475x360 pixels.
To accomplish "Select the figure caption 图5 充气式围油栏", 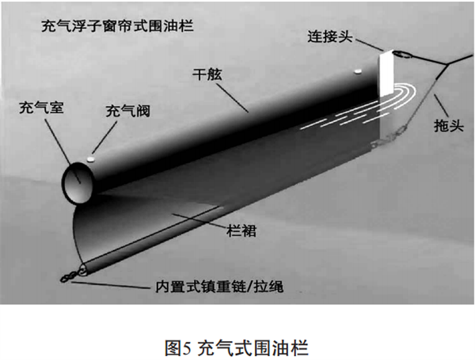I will (x=237, y=346).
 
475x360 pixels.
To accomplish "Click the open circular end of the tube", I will (x=80, y=181).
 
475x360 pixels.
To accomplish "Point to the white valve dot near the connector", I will (x=357, y=71).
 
